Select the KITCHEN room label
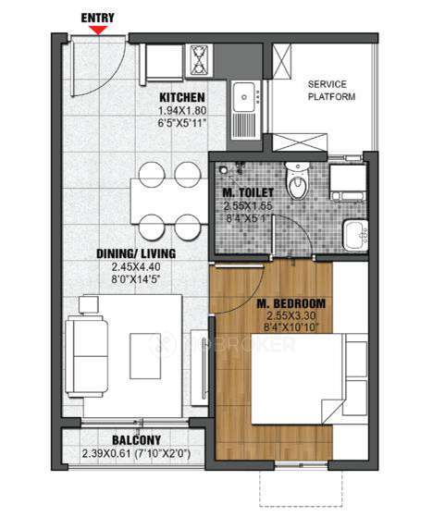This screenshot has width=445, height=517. [181, 98]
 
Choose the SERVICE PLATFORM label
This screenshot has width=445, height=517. [330, 90]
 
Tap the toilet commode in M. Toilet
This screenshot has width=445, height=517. [297, 185]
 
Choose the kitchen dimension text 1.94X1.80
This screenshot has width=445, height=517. [181, 111]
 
